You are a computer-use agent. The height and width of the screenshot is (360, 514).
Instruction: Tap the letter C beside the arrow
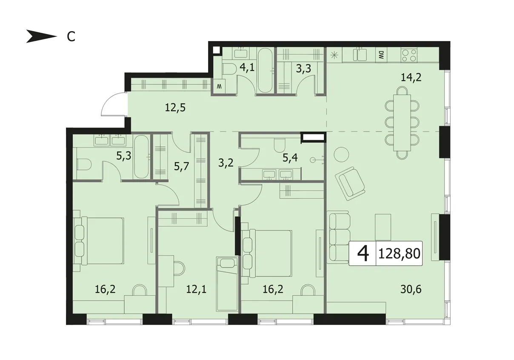coord(71,36)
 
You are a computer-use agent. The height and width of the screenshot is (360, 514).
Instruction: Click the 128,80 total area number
coord(399,254)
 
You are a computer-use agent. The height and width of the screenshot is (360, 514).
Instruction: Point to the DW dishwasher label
coord(381,55)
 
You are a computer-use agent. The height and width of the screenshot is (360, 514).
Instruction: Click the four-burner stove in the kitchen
coord(409,55)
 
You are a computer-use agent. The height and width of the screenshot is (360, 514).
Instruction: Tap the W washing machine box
coord(220,86)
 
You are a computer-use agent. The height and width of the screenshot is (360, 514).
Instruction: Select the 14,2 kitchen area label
coord(411,77)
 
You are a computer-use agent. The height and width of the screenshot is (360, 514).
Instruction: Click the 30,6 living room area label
coord(411,289)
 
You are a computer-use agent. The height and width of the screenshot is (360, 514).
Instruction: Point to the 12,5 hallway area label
coord(175,107)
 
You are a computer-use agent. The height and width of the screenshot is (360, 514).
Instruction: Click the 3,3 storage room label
coord(303,69)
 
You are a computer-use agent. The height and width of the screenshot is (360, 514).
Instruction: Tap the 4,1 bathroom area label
coord(247,68)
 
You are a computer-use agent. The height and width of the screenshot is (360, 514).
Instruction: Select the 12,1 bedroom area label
coord(196,289)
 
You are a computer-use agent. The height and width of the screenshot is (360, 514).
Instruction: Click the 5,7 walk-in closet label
coord(181,166)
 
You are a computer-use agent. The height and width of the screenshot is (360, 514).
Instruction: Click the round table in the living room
coord(341,154)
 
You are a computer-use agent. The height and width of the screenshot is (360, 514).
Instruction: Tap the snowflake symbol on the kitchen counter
coord(334,55)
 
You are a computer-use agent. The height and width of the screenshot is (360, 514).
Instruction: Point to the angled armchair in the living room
coord(350,184)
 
